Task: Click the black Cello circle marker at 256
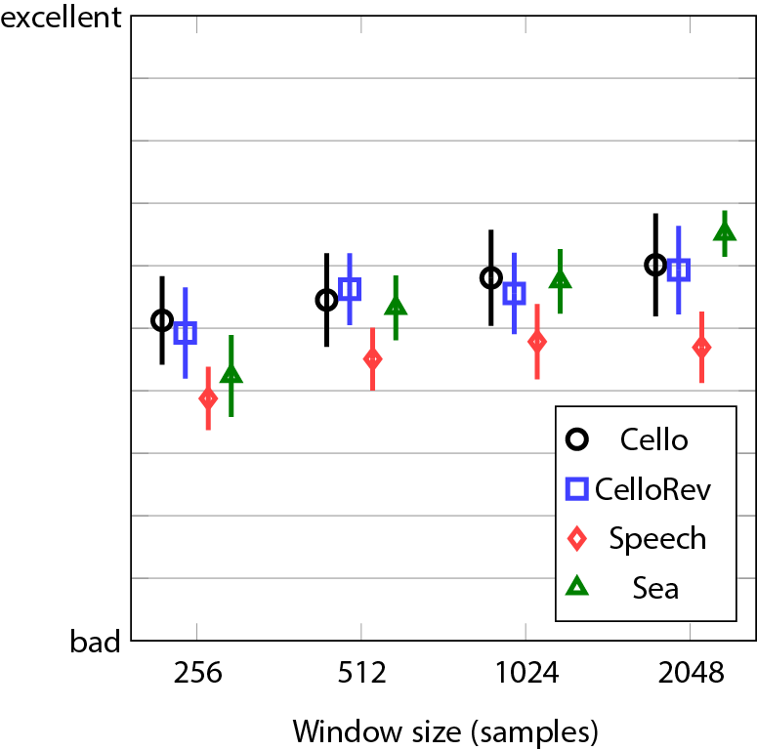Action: tap(162, 320)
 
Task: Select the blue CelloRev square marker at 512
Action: tap(350, 289)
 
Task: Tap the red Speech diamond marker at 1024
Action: tap(536, 342)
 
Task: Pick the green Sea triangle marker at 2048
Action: tap(724, 232)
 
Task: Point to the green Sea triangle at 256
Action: tap(231, 375)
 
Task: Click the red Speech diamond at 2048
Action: tap(701, 348)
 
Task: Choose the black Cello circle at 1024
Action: tap(491, 278)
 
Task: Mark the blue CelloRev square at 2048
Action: tap(679, 270)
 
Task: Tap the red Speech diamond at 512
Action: tap(372, 359)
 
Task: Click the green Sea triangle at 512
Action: tap(396, 307)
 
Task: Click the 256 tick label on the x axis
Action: tap(198, 674)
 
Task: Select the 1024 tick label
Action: tap(526, 674)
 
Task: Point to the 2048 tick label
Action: tap(692, 674)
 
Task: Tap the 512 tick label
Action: tap(362, 674)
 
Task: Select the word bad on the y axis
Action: tap(95, 643)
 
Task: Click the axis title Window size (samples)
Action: tap(444, 730)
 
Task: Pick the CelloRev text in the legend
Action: tap(653, 488)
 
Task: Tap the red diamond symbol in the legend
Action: tap(576, 538)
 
